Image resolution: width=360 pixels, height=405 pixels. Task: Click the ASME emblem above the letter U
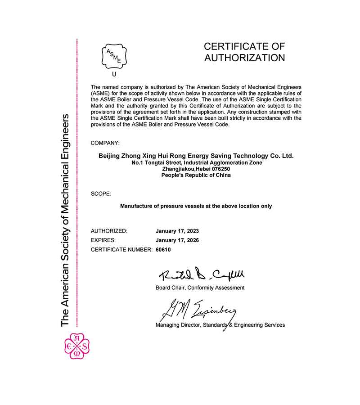click(113, 55)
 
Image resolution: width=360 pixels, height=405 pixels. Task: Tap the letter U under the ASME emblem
click(114, 74)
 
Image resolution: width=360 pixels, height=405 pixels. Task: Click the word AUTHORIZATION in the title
click(244, 58)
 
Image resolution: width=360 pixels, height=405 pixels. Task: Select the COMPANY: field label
click(105, 143)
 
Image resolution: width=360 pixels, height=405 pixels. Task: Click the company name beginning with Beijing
click(196, 156)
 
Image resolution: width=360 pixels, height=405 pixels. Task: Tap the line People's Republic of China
click(196, 175)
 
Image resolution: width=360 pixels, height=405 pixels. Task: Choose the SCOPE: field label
click(101, 193)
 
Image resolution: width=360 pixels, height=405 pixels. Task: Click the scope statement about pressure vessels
click(196, 206)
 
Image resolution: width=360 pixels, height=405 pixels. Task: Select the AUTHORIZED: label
click(109, 231)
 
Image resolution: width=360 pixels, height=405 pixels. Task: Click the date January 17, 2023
click(177, 231)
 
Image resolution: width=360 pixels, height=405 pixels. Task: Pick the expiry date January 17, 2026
click(177, 240)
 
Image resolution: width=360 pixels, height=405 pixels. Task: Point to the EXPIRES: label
click(103, 240)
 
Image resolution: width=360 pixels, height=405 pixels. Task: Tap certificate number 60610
click(163, 249)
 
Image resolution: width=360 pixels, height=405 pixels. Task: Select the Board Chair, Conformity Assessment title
click(200, 288)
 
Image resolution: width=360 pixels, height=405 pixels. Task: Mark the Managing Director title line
click(220, 325)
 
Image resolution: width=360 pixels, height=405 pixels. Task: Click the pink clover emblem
click(77, 347)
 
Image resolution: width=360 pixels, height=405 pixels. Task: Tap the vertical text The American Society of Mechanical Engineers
click(65, 220)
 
